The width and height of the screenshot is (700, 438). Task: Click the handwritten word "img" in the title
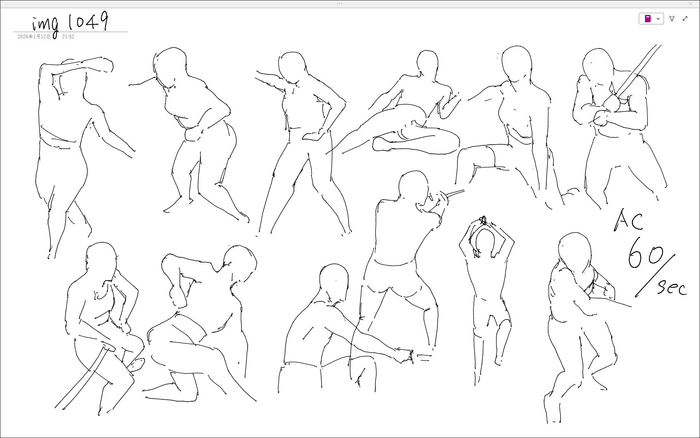[x=45, y=26]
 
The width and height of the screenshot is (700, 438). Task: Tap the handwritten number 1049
[x=89, y=21]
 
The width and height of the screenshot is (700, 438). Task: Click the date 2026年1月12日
[x=34, y=36]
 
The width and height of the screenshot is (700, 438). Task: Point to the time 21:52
[x=68, y=36]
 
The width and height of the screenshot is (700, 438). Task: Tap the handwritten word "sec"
[x=672, y=287]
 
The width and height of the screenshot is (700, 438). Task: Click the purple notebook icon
[x=648, y=19]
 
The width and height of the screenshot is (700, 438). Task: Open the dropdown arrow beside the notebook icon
[x=658, y=19]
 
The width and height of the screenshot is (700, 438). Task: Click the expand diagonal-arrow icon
[x=685, y=19]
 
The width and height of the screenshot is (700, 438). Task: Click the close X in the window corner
[x=691, y=4]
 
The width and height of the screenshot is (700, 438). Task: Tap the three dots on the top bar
[x=339, y=4]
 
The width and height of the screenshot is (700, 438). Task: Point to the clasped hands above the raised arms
[x=483, y=220]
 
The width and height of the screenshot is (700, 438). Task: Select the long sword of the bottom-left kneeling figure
[x=82, y=378]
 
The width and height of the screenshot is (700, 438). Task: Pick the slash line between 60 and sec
[x=655, y=275]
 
